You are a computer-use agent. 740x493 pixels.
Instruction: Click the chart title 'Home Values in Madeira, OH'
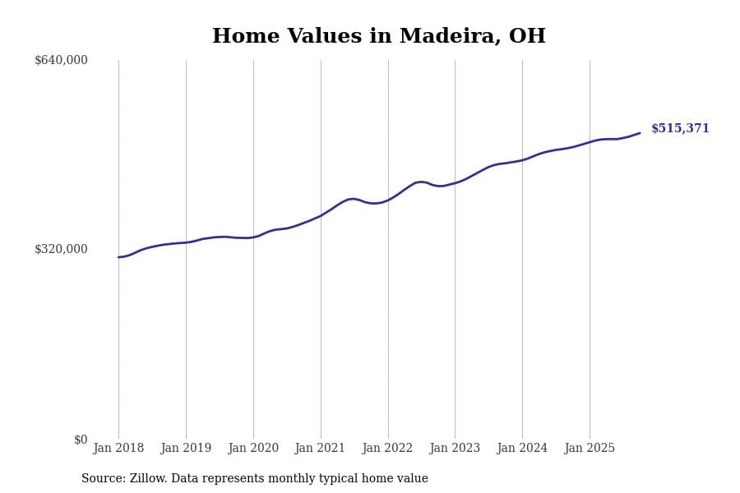[x=378, y=37]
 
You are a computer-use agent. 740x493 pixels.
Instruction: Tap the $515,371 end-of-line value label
[x=680, y=129]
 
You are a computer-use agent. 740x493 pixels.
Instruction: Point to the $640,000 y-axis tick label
[x=61, y=60]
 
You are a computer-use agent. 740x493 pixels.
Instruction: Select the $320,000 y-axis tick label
[x=61, y=249]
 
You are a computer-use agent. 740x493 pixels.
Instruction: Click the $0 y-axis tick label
[x=81, y=440]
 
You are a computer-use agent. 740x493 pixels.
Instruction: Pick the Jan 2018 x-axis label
[x=118, y=449]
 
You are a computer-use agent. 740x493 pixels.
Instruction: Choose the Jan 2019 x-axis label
[x=186, y=449]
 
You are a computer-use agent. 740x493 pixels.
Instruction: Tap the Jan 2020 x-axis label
[x=253, y=449]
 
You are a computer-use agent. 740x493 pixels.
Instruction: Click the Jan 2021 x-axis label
[x=321, y=449]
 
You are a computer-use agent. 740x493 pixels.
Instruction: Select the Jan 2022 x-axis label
[x=387, y=449]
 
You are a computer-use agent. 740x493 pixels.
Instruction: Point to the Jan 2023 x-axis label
[x=455, y=449]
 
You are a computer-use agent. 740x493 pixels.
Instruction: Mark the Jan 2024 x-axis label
[x=522, y=449]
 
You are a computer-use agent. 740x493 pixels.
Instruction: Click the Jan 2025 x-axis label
[x=590, y=449]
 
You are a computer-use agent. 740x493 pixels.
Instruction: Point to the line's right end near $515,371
[x=640, y=133]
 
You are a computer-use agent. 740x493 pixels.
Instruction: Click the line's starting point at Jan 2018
[x=118, y=257]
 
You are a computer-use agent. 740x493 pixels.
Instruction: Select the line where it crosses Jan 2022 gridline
[x=388, y=200]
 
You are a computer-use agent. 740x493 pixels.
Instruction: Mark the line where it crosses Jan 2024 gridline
[x=522, y=160]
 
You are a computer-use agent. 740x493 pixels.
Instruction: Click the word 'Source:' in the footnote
[x=104, y=479]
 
